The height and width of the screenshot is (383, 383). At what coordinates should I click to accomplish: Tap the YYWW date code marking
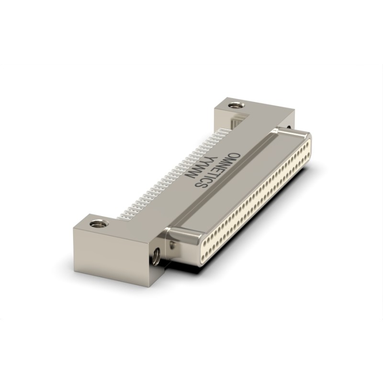point(197,168)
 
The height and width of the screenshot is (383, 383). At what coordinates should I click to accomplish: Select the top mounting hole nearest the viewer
point(100,223)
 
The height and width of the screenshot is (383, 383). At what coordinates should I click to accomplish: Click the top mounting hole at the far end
point(236,105)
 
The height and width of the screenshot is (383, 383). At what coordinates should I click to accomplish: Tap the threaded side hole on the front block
point(156,256)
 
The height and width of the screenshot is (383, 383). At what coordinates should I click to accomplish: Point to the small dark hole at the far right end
point(289,127)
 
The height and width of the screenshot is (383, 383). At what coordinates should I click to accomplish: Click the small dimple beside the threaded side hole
point(173,245)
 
